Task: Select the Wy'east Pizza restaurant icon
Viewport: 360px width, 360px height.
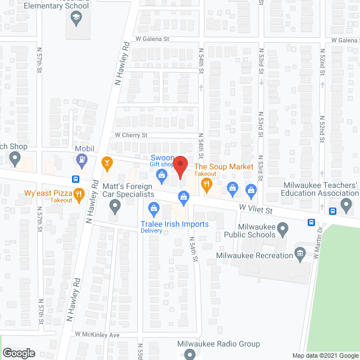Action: coord(79,195)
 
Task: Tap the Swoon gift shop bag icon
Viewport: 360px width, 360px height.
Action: coord(161,176)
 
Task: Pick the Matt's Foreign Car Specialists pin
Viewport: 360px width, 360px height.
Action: coord(115,208)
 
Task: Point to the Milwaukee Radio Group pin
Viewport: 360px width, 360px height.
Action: coord(190,354)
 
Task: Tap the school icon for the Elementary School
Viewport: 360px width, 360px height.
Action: coord(75,19)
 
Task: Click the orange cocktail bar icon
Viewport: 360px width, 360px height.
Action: coord(106,164)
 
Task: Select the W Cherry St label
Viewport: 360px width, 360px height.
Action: coord(130,135)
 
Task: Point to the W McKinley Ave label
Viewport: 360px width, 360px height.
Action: coord(98,334)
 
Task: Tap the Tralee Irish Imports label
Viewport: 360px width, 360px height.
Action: coord(174,224)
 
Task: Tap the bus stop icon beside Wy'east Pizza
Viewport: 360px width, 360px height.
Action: coord(75,179)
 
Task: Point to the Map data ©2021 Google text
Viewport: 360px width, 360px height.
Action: coord(324,355)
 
